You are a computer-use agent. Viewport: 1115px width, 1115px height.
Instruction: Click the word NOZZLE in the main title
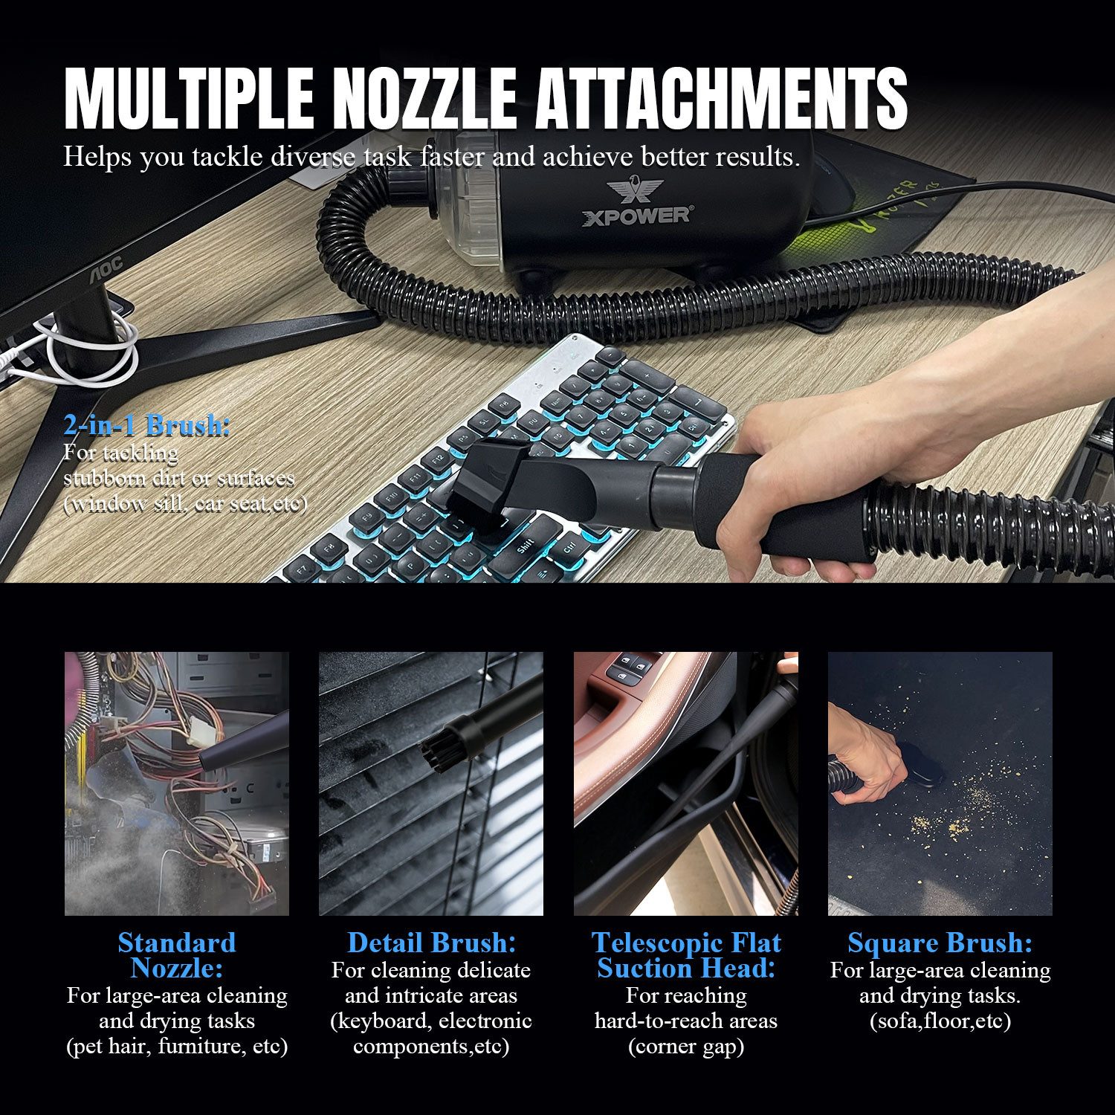(424, 99)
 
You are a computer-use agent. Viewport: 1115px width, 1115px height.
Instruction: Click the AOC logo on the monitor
(106, 277)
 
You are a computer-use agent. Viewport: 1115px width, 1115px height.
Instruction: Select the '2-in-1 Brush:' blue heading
(146, 425)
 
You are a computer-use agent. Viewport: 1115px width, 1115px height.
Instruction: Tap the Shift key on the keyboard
(525, 546)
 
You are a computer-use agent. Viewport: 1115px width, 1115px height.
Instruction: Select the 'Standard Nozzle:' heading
(177, 955)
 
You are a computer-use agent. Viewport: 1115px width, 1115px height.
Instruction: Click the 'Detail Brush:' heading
(431, 943)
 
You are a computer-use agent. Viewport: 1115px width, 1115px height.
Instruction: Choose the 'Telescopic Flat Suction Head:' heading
(686, 955)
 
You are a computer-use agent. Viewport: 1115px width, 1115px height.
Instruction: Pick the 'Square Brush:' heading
(940, 943)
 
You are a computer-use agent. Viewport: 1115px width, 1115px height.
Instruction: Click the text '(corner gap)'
(686, 1047)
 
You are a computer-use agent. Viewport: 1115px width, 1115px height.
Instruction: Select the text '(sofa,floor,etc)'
(940, 1021)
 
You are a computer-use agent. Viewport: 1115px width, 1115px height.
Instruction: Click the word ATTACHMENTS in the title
(721, 99)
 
